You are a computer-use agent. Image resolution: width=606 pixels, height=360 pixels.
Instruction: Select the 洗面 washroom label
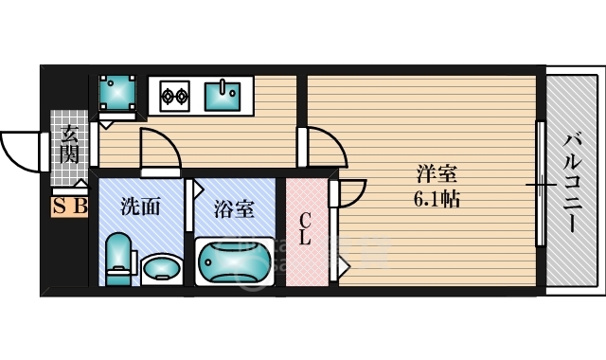[140, 206]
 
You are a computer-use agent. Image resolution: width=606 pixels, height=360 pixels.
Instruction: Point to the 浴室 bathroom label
[233, 209]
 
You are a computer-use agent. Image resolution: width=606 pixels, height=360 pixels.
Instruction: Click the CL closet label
[305, 230]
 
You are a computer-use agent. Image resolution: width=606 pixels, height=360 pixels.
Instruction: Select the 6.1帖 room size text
[437, 200]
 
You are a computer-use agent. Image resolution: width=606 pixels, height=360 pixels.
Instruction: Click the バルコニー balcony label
[573, 181]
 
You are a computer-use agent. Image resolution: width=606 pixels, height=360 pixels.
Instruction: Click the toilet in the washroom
[117, 257]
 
